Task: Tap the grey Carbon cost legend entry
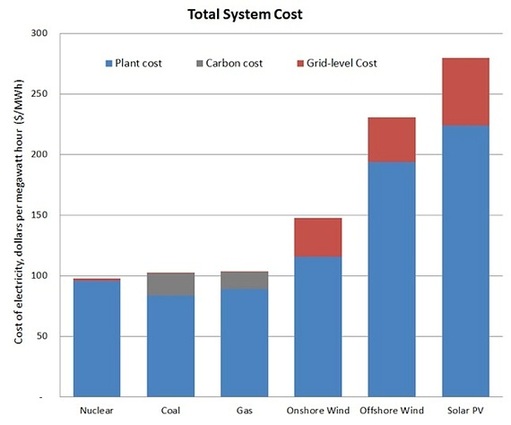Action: pos(229,64)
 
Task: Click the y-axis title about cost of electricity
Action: pos(17,215)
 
